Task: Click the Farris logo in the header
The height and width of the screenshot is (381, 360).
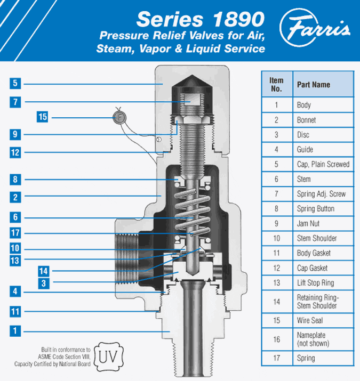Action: [x=315, y=27]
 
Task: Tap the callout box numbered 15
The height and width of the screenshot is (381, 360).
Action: [x=42, y=117]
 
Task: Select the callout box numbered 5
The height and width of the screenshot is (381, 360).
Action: [x=15, y=83]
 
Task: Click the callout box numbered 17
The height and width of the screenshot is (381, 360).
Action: [x=15, y=233]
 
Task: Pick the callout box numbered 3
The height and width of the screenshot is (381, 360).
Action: [x=44, y=283]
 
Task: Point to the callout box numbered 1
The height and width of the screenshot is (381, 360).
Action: [x=15, y=331]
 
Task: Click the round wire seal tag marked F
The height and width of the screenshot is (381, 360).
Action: [x=119, y=118]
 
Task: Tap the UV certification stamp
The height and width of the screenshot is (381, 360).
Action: [x=108, y=356]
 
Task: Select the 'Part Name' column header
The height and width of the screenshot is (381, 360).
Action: [x=323, y=84]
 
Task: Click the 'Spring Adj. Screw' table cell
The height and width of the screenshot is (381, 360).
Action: [x=323, y=194]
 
